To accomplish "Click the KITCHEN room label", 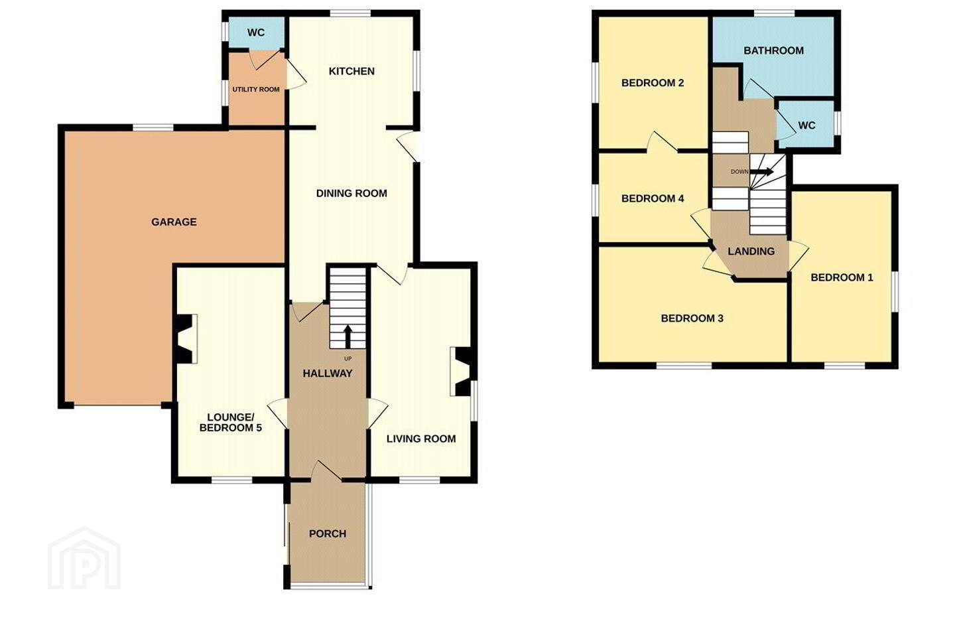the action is (x=351, y=71).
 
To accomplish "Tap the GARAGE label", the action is (x=174, y=222).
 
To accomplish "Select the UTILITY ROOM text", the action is (x=256, y=89).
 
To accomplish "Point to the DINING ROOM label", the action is (x=351, y=193).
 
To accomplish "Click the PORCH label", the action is (x=328, y=533).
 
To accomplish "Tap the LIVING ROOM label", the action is (x=421, y=439).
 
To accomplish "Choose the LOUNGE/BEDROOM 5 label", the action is (x=231, y=423).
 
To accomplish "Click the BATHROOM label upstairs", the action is (x=774, y=50).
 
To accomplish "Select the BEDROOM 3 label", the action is (x=692, y=318).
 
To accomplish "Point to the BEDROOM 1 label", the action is (x=842, y=278).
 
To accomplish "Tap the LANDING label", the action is (x=751, y=251).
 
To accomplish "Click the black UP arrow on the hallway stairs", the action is (x=348, y=337).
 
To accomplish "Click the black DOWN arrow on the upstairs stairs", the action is (x=761, y=171).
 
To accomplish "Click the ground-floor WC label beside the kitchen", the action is (x=256, y=33).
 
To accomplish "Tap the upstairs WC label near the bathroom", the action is (x=806, y=125).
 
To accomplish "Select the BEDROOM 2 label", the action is (x=653, y=83).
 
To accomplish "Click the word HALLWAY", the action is (x=328, y=374).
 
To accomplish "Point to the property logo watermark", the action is (x=84, y=559).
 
